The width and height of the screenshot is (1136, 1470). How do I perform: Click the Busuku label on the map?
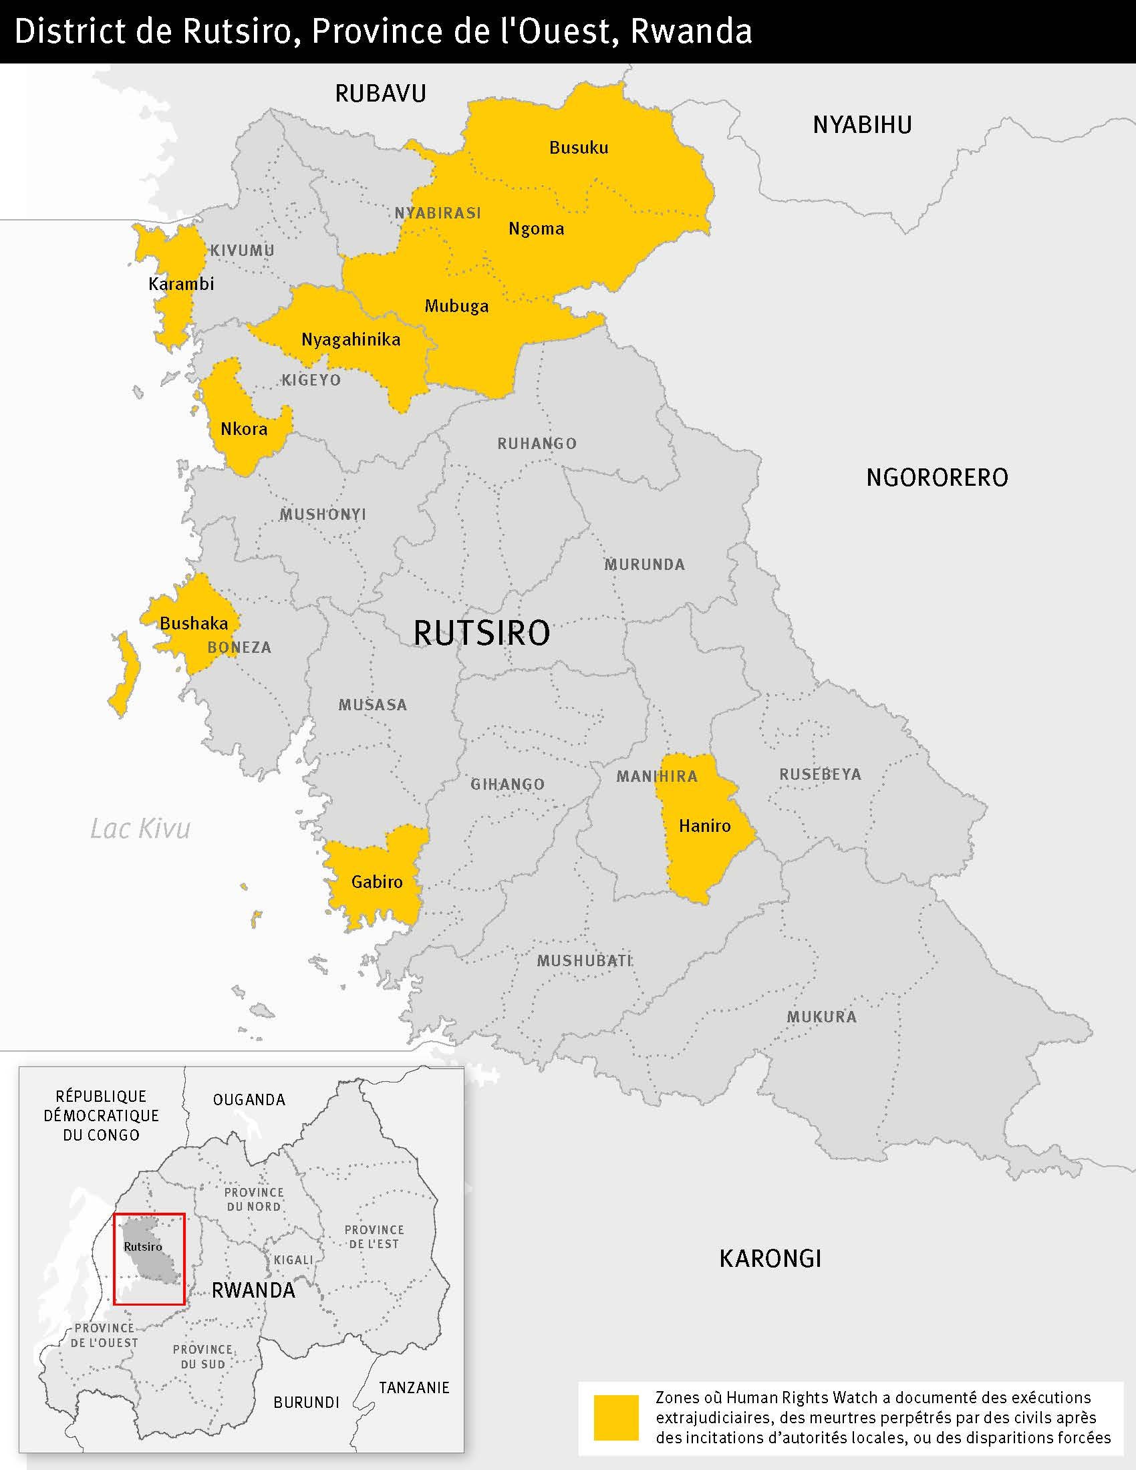click(x=579, y=148)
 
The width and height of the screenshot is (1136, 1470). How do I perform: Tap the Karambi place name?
click(x=181, y=283)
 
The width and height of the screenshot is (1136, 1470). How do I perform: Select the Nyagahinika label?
click(x=351, y=339)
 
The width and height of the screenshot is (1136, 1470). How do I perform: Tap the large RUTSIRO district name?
click(x=481, y=633)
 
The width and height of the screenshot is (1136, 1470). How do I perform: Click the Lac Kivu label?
click(x=140, y=829)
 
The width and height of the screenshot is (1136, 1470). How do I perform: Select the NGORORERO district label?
click(x=937, y=477)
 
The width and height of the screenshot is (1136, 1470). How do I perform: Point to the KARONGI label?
click(x=770, y=1258)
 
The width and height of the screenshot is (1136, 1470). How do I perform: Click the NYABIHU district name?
click(x=862, y=125)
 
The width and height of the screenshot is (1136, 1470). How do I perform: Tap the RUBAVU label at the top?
click(x=380, y=94)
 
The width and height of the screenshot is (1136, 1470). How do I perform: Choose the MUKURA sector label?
click(x=822, y=1017)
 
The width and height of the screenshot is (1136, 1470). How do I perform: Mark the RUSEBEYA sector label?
click(x=820, y=774)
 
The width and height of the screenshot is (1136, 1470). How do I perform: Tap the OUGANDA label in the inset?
click(x=249, y=1100)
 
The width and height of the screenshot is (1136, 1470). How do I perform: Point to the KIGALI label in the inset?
click(x=293, y=1260)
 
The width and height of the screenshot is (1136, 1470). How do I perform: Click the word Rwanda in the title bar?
click(x=690, y=31)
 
